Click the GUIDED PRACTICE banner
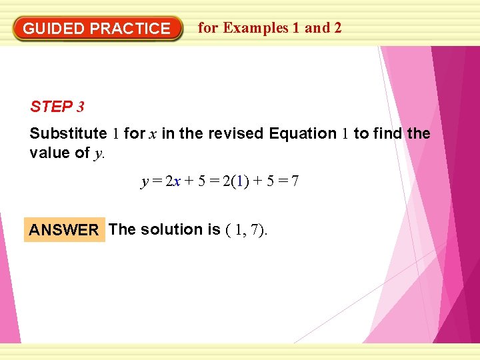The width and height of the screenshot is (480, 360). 97,29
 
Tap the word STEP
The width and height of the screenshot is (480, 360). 51,107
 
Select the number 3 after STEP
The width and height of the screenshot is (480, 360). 80,107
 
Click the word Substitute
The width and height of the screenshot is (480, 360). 68,133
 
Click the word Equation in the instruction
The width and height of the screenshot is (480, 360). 303,133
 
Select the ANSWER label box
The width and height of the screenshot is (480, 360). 64,230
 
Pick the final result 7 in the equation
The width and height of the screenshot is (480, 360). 294,181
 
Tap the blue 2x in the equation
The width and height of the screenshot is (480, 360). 173,181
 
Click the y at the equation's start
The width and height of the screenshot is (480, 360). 145,182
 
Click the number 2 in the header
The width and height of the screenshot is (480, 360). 337,28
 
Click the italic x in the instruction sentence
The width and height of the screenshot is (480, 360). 153,134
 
